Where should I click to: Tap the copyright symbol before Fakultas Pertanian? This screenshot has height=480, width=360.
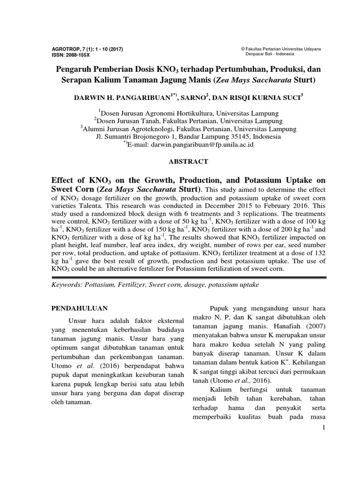point(243,49)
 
